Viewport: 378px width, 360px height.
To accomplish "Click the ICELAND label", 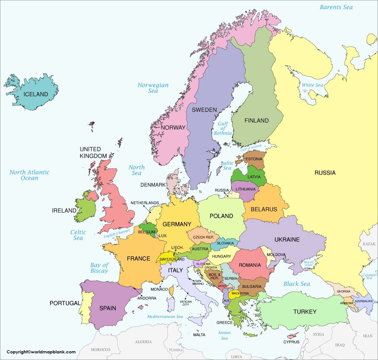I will [x=36, y=94].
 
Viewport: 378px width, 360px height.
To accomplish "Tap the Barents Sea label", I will [x=336, y=7].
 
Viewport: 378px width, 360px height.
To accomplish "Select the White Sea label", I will [x=312, y=85].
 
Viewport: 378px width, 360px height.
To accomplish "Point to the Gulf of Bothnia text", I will [x=223, y=128].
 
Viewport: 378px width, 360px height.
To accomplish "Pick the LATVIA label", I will [x=254, y=177].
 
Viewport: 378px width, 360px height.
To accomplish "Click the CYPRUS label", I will [x=291, y=342].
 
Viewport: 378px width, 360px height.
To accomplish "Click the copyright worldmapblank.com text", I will [x=41, y=352].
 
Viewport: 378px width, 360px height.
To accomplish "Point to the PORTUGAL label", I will [x=65, y=303].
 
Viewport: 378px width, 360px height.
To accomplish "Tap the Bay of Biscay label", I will [x=99, y=268].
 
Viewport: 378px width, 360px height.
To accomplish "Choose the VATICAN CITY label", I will [x=186, y=303].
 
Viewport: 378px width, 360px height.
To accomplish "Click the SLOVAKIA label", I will [x=225, y=243].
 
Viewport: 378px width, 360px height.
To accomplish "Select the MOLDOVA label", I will [x=276, y=255].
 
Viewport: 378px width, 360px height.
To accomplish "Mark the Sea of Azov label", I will [x=308, y=264].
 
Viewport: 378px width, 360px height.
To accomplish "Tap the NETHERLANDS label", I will [x=145, y=203].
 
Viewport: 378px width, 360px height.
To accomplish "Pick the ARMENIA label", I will [x=346, y=303].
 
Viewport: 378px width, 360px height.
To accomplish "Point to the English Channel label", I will [x=117, y=234].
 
